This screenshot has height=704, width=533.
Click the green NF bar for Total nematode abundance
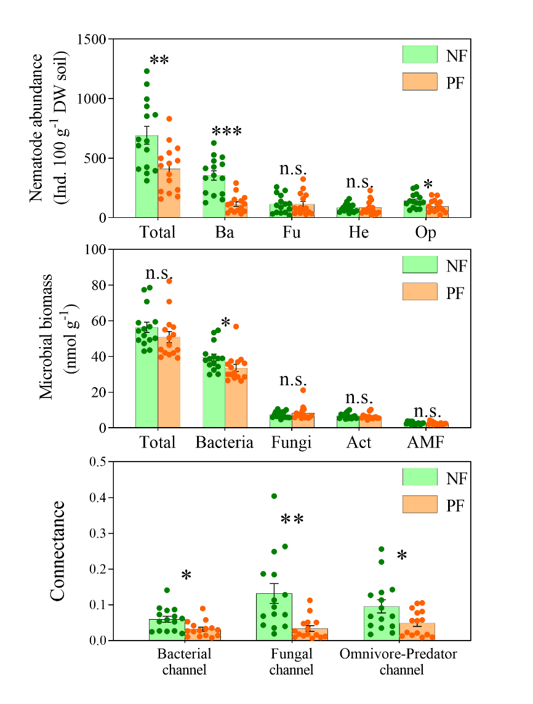pos(146,178)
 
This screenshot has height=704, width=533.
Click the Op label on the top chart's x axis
pos(426,232)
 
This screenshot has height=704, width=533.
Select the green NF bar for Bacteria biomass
pos(214,394)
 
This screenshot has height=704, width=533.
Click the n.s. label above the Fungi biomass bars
pos(292,380)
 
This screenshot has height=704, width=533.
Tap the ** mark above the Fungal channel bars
pos(292,521)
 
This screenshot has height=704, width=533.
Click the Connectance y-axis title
pos(57,551)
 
